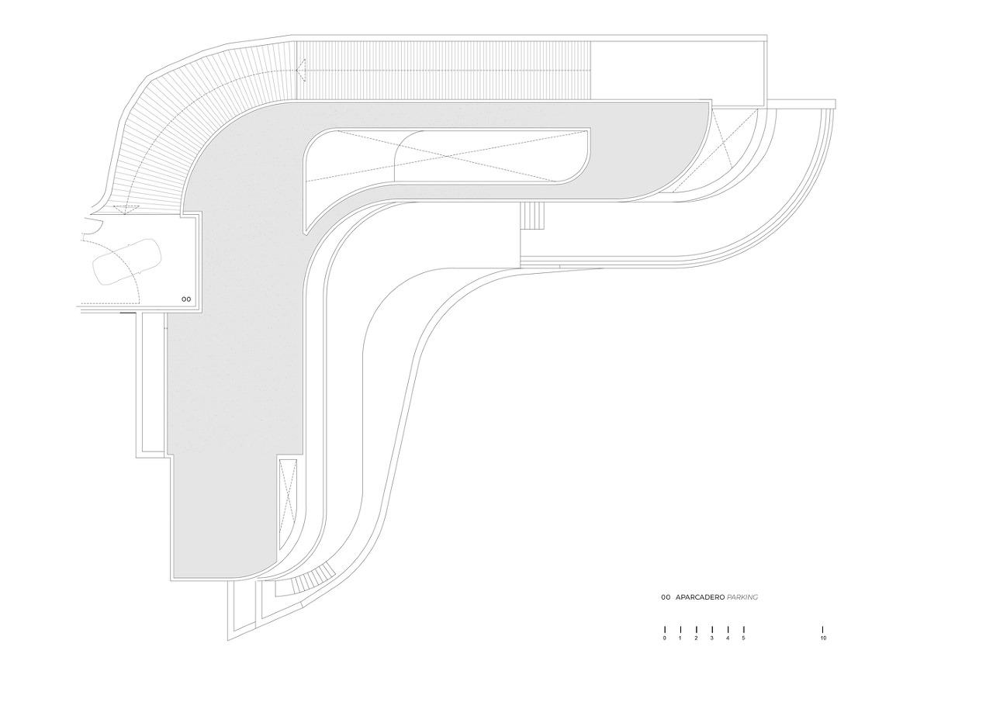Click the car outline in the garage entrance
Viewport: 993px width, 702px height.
click(x=126, y=261)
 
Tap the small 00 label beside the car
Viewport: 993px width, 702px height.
click(x=185, y=298)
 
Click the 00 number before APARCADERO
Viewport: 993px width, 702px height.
click(x=665, y=597)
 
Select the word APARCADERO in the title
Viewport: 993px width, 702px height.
click(x=700, y=597)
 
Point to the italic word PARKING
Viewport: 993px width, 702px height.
click(x=742, y=597)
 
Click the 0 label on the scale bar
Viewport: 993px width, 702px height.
click(x=665, y=638)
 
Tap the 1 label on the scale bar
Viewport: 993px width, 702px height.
click(x=680, y=638)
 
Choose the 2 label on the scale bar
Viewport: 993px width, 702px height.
click(x=696, y=638)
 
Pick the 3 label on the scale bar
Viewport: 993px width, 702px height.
click(x=712, y=638)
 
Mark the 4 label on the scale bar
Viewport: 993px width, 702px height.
click(x=728, y=638)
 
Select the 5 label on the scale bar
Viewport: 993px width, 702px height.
click(x=743, y=638)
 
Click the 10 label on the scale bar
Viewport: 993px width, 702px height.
click(x=823, y=638)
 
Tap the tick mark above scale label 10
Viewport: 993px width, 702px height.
click(x=823, y=629)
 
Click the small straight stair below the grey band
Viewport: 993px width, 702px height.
click(x=532, y=215)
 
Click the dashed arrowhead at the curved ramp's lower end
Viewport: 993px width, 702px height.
click(x=121, y=207)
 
